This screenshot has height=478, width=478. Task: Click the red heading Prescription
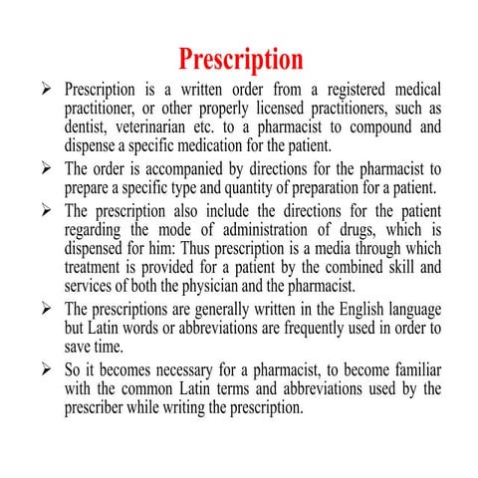(x=239, y=57)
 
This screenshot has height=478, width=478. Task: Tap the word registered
(x=326, y=91)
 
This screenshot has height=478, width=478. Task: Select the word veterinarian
(x=150, y=126)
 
